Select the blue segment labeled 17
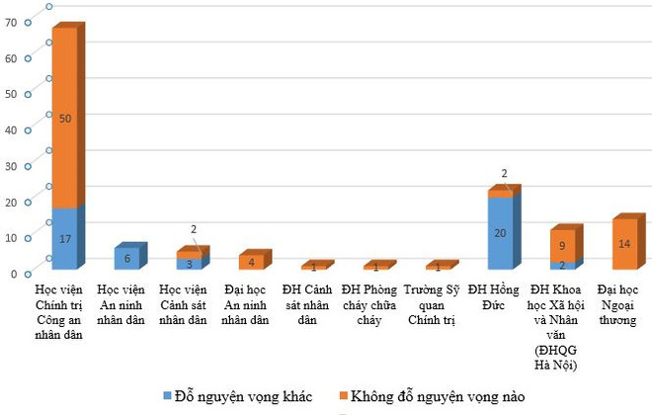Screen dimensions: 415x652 (64, 238)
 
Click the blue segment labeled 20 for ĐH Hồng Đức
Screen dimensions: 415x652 (501, 233)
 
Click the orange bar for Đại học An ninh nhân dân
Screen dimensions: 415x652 (251, 262)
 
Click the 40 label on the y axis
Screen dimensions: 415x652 (10, 129)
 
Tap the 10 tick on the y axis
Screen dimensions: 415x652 (10, 237)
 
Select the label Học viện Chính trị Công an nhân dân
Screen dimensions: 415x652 (64, 313)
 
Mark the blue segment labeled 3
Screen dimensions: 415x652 (189, 264)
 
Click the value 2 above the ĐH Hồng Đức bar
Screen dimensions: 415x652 (504, 174)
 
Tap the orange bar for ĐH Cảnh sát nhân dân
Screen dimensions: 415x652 (313, 267)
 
